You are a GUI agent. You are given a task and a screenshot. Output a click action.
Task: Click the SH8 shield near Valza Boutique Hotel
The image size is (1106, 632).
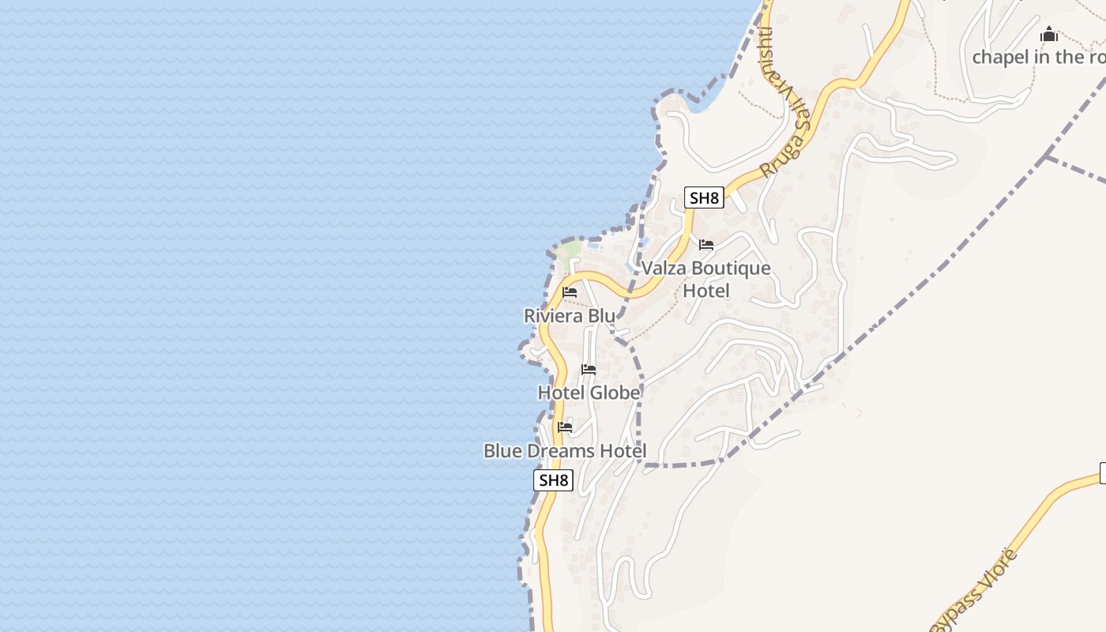[704, 197]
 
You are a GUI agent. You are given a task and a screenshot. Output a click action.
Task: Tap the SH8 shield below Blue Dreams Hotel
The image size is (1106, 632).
[553, 480]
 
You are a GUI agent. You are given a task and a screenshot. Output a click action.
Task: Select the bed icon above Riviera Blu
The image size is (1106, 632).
[570, 292]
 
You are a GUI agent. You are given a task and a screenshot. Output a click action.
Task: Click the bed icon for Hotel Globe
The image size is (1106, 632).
[589, 369]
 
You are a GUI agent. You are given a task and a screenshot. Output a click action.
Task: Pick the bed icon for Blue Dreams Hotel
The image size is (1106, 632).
[565, 427]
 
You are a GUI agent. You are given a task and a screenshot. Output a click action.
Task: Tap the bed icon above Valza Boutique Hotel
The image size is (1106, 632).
[706, 245]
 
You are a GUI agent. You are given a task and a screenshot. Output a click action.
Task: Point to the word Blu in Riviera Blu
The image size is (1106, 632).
[600, 316]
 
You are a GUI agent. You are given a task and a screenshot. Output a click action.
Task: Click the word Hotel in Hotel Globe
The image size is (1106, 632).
[561, 393]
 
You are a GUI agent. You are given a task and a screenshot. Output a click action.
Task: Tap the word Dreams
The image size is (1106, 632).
[562, 451]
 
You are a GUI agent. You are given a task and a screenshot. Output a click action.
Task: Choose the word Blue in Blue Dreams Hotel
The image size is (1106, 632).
[502, 451]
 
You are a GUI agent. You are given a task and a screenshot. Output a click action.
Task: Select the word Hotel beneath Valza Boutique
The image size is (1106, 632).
[706, 291]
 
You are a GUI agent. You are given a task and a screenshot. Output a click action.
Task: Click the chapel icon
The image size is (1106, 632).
[1049, 35]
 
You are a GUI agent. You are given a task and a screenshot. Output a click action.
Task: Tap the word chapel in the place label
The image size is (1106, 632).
[1000, 57]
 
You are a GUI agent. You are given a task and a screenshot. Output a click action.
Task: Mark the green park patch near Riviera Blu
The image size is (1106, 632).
[567, 251]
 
